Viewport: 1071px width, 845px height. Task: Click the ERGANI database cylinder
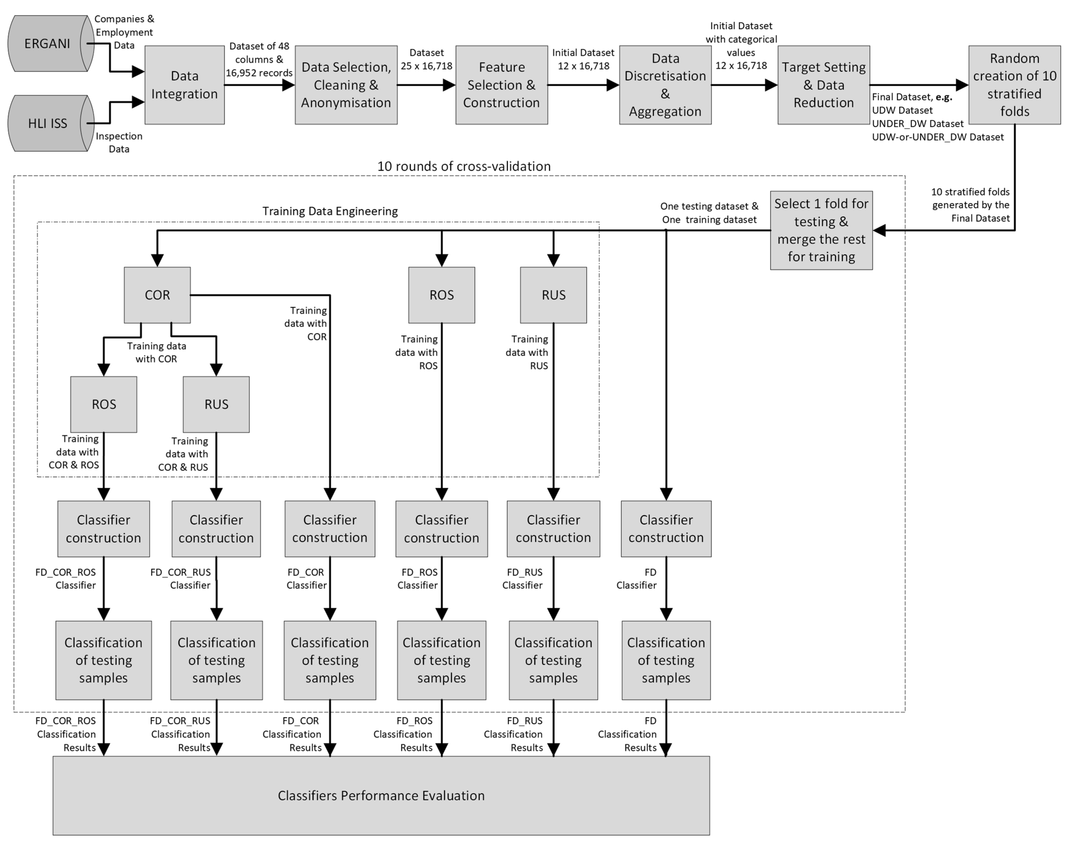[49, 44]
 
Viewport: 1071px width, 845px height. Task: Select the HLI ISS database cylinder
[49, 123]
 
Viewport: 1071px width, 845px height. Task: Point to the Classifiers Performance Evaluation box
[381, 796]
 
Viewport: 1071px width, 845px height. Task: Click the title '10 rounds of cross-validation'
[464, 166]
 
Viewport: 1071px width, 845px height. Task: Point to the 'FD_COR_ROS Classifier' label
[66, 579]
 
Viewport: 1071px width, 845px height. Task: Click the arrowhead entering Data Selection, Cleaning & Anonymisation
[288, 85]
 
